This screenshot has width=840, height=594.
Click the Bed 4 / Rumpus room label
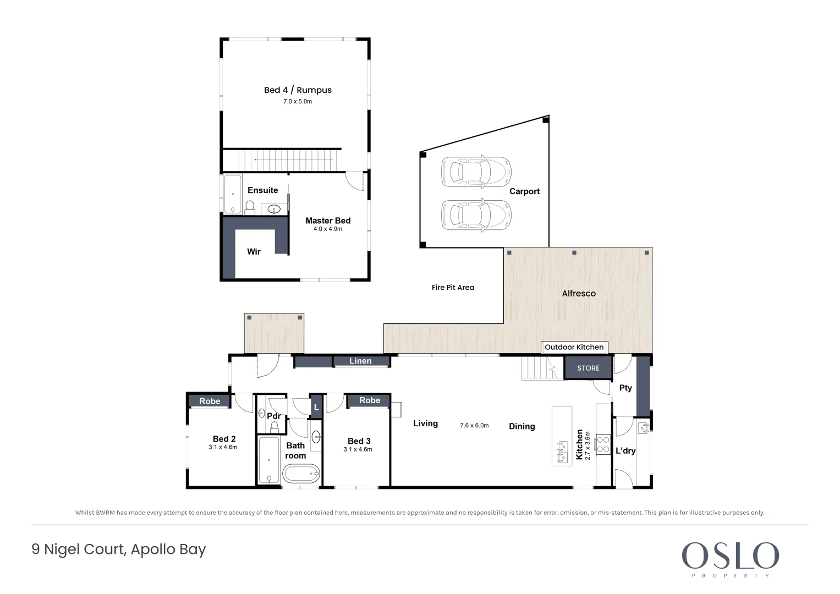click(x=298, y=90)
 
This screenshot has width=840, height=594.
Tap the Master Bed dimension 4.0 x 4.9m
click(x=328, y=229)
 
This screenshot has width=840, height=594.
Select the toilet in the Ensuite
click(x=250, y=208)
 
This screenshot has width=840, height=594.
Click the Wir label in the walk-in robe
click(x=254, y=252)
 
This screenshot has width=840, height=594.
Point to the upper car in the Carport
click(x=476, y=172)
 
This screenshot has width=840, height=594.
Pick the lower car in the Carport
click(x=476, y=215)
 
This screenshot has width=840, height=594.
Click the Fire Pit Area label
click(x=453, y=288)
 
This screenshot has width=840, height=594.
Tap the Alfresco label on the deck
click(x=579, y=294)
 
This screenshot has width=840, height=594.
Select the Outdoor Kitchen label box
click(x=574, y=347)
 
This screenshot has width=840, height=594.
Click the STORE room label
click(x=588, y=369)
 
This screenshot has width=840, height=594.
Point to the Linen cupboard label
click(x=360, y=361)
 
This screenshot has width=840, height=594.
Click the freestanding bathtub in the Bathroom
click(x=301, y=474)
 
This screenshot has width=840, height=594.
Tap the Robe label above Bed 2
click(x=210, y=402)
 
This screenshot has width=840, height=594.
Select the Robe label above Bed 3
click(x=370, y=400)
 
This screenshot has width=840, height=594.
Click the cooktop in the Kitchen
click(x=603, y=444)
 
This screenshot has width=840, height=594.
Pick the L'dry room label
click(x=625, y=451)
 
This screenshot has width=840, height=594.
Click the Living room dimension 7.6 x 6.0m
click(x=474, y=426)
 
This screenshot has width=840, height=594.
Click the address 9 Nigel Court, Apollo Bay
click(x=118, y=550)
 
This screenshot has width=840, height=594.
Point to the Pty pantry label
click(x=625, y=388)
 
